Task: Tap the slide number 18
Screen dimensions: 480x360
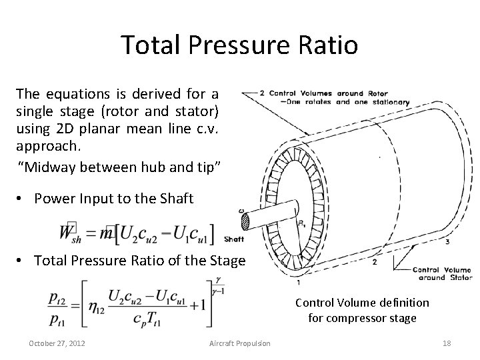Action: [x=447, y=343]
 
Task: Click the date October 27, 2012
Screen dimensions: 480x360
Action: [x=57, y=343]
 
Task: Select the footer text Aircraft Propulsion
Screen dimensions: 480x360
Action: [x=240, y=343]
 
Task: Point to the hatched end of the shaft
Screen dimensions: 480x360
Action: [x=244, y=220]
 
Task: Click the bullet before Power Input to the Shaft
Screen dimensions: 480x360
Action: [x=23, y=198]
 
